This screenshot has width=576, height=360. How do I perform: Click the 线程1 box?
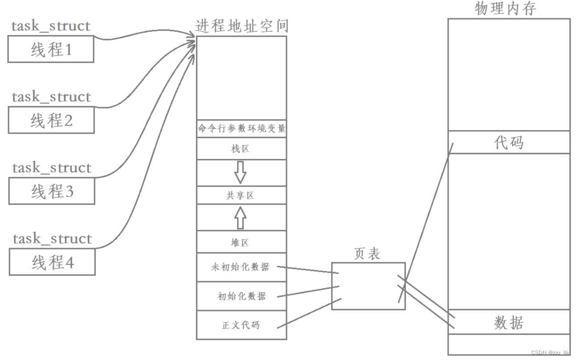coord(51,49)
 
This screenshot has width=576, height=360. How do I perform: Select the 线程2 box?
coord(51,120)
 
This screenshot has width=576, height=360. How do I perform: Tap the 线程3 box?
coord(52,191)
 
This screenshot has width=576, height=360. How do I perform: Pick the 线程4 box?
coord(52,262)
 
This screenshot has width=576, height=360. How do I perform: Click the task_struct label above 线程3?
coord(52,168)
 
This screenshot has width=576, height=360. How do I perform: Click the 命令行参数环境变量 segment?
coord(241,129)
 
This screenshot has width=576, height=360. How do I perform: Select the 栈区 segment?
coord(241,148)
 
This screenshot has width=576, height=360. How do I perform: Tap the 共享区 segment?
coord(241,195)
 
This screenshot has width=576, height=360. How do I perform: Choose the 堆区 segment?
coord(241,242)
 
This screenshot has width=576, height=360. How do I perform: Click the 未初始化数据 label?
coord(241,267)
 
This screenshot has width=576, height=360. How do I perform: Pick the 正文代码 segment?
coord(241,325)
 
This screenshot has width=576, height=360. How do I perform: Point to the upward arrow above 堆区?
coord(241,217)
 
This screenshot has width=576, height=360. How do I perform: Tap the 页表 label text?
coord(367,254)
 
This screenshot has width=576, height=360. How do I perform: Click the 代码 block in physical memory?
coord(508,142)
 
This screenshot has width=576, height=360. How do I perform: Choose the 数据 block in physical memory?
coord(508,322)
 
